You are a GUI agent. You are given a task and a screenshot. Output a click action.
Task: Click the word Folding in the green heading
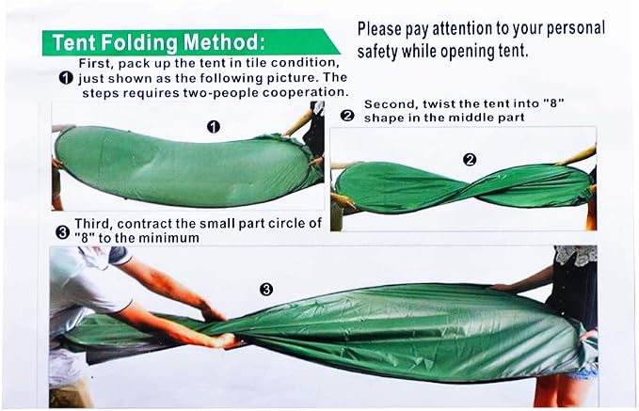click(x=138, y=42)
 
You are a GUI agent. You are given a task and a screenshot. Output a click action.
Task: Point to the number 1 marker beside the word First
click(x=66, y=78)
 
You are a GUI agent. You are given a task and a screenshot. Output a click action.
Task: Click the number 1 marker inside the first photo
click(x=214, y=127)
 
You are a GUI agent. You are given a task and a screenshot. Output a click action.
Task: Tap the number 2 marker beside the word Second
click(x=347, y=116)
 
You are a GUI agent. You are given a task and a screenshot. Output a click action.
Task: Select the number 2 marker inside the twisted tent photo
click(x=470, y=160)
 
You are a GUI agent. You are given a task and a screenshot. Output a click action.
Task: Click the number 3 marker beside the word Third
click(x=62, y=232)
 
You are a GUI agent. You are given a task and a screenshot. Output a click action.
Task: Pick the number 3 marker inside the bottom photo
click(x=266, y=290)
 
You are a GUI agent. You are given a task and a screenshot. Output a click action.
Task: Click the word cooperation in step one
click(x=305, y=92)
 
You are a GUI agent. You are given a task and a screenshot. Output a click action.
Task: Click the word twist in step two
click(x=439, y=103)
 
